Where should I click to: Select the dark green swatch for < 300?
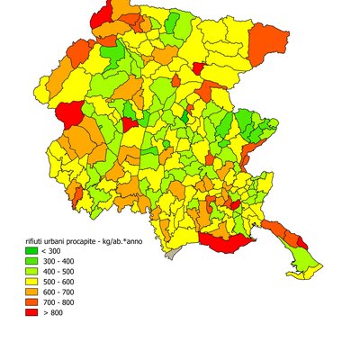(31, 252)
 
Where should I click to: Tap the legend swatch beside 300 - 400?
(31, 262)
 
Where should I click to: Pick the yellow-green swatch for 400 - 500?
(31, 272)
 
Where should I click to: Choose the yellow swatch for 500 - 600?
(31, 283)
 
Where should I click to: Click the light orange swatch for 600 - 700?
(31, 292)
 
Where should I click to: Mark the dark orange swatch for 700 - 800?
(31, 302)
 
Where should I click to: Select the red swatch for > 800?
(31, 313)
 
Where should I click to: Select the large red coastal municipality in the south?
(225, 243)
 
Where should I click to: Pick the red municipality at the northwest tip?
(102, 12)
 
